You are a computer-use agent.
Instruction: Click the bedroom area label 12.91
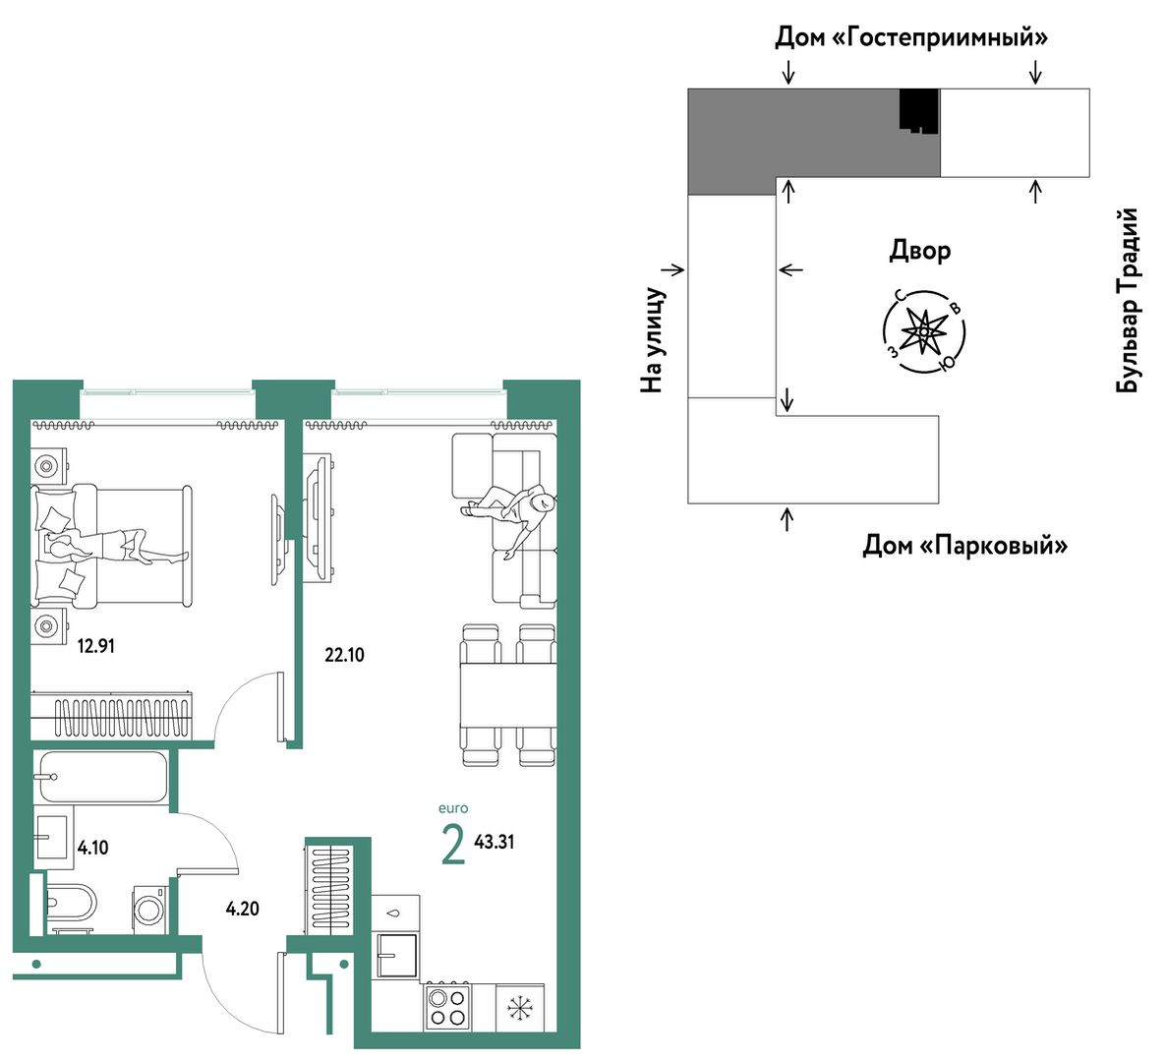click(x=96, y=646)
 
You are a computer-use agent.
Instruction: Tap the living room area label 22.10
click(x=344, y=655)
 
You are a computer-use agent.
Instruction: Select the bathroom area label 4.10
click(x=93, y=847)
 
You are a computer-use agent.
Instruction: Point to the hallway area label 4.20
click(x=243, y=908)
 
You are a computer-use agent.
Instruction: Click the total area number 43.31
click(x=495, y=842)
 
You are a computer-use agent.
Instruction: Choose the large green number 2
click(x=453, y=846)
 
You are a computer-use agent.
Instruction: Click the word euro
click(x=453, y=808)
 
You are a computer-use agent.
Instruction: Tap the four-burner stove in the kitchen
click(x=447, y=1008)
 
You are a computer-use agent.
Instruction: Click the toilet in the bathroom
click(x=70, y=904)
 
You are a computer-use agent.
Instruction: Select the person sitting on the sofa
click(x=513, y=515)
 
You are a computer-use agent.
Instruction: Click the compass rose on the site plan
click(x=923, y=330)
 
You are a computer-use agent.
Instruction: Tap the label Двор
click(x=920, y=252)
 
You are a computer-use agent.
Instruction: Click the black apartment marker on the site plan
click(x=918, y=111)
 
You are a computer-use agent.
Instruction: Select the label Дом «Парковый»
click(x=964, y=547)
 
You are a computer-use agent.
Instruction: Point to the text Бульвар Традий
click(x=1128, y=300)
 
